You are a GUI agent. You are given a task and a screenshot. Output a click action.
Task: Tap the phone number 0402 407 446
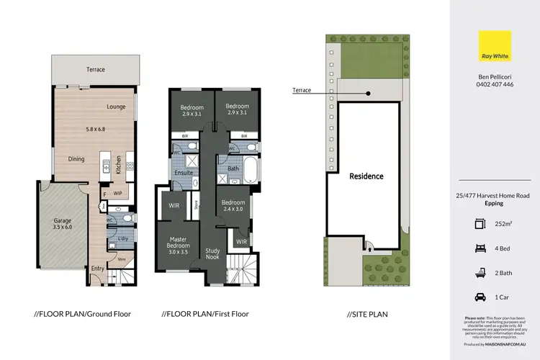(x=494, y=84)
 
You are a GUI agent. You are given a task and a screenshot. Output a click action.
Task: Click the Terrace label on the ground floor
(x=96, y=70)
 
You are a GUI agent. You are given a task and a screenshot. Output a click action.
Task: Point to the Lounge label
(x=117, y=107)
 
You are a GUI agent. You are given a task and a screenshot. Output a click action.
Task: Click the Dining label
(x=76, y=159)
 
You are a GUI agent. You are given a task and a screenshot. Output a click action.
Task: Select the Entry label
(x=98, y=269)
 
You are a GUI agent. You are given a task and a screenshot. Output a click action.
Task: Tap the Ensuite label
(x=184, y=174)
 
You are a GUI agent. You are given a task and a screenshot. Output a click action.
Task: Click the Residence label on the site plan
(x=366, y=176)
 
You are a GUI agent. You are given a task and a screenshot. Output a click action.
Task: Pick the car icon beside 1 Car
(x=480, y=297)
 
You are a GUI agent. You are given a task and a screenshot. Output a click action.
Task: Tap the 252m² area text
(x=504, y=224)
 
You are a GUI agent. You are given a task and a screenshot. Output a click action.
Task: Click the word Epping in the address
(x=494, y=203)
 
